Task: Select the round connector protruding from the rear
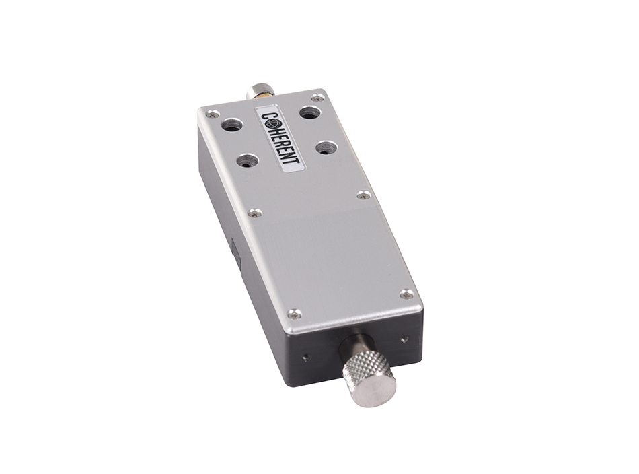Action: coord(261,90)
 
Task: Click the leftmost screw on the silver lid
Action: coord(212,114)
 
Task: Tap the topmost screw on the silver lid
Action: coord(316,98)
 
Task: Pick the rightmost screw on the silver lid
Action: coord(406,294)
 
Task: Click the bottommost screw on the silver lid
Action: coord(295,313)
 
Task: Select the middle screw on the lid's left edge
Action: coord(254,213)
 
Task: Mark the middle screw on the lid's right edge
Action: coord(363,195)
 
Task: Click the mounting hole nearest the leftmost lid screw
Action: coord(232,125)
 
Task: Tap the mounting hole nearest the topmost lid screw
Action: coord(309,112)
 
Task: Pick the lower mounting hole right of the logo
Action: coord(326,147)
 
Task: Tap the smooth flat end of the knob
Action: coord(377,389)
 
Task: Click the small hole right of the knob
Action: coord(404,340)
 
